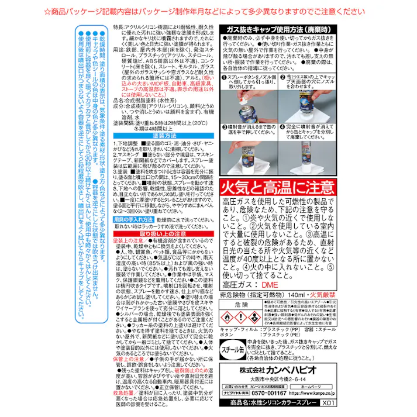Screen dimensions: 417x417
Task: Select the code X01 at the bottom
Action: coord(327,404)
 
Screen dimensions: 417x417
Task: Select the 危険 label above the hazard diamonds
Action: coord(237,305)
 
